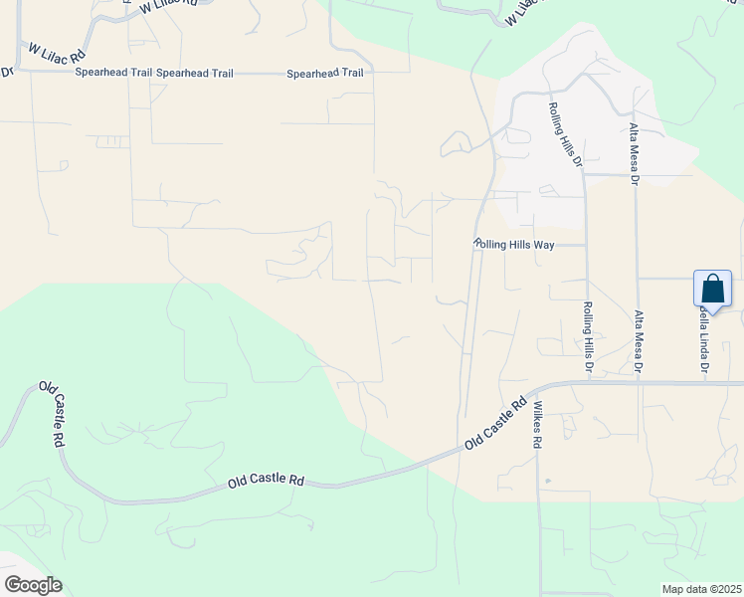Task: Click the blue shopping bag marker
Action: pyautogui.click(x=713, y=290)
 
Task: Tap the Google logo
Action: pyautogui.click(x=33, y=585)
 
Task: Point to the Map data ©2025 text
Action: pyautogui.click(x=701, y=589)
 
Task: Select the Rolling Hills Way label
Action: pyautogui.click(x=513, y=244)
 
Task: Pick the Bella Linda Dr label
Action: pyautogui.click(x=704, y=338)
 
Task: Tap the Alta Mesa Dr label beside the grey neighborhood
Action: pyautogui.click(x=633, y=154)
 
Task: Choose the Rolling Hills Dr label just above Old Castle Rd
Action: pyautogui.click(x=588, y=338)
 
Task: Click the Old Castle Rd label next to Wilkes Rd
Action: pyautogui.click(x=494, y=427)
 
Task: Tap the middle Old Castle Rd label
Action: pyautogui.click(x=266, y=481)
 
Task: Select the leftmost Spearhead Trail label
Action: pyautogui.click(x=112, y=74)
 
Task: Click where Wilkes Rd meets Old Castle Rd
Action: pyautogui.click(x=536, y=391)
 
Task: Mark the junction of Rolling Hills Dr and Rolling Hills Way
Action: pyautogui.click(x=584, y=244)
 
